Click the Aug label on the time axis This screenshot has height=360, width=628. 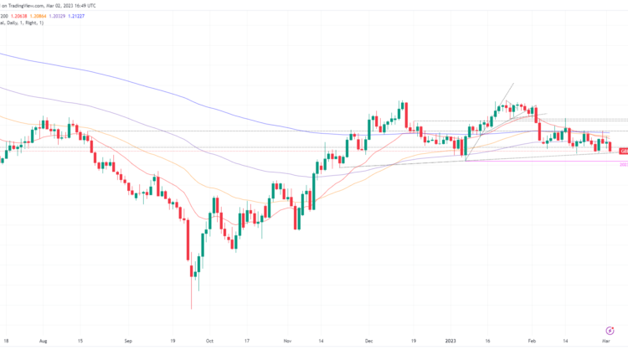(43, 342)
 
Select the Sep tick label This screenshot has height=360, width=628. (129, 342)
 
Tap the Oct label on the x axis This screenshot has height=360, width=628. (209, 342)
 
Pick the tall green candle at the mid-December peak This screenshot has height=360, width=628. (403, 112)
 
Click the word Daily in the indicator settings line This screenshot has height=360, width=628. (24, 23)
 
